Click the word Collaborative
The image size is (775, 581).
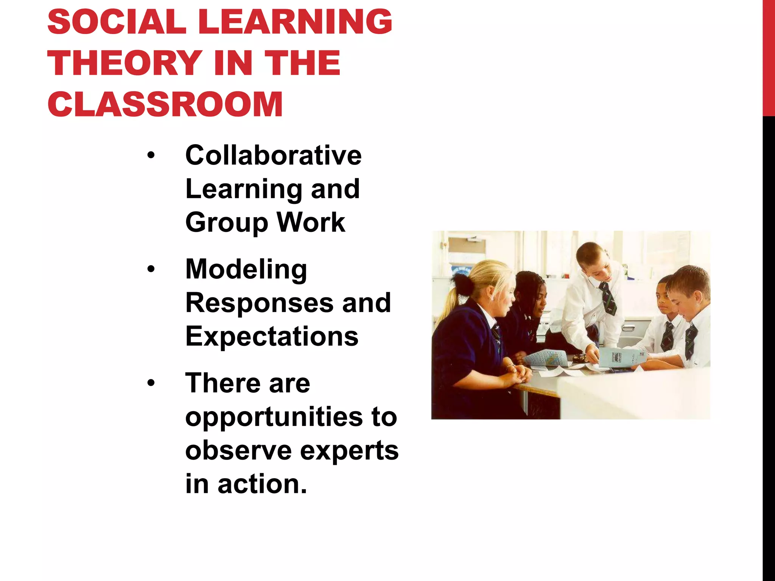[x=273, y=155]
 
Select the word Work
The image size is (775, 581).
[x=311, y=222]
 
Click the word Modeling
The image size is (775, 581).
[x=246, y=270]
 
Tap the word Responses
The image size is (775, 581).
[x=259, y=303]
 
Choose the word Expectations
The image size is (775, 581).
[x=272, y=336]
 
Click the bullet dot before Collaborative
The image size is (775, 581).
[x=151, y=155]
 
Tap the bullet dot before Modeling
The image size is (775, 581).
[x=151, y=269]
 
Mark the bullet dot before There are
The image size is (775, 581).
[x=151, y=383]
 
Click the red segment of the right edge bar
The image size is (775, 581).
[x=769, y=57]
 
